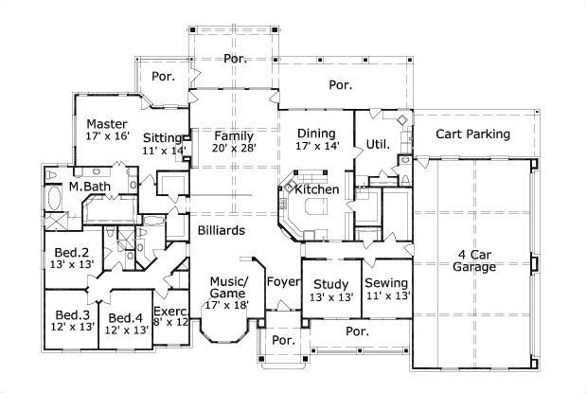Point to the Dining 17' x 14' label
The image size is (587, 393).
(x=316, y=140)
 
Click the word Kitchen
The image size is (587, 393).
(x=316, y=190)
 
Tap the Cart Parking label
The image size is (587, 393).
(x=472, y=134)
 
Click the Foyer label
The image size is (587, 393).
(x=281, y=281)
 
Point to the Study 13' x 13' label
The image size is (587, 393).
(x=331, y=290)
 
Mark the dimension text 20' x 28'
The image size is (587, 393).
(x=233, y=149)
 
